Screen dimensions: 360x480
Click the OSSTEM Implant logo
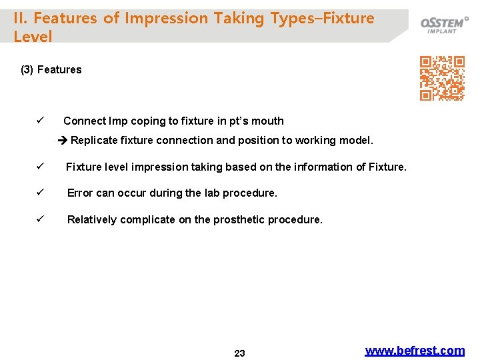[444, 25]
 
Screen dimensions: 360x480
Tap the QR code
[442, 78]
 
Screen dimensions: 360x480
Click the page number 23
[239, 353]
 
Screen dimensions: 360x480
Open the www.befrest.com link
[415, 350]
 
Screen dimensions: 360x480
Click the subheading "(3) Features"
[51, 69]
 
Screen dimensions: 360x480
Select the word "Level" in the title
[33, 37]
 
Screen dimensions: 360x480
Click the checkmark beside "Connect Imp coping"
[40, 121]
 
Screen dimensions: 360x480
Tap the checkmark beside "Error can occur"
[40, 193]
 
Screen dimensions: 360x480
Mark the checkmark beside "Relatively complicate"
[40, 219]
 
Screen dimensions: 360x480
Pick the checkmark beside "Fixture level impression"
[40, 167]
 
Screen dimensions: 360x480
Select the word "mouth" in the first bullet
[268, 121]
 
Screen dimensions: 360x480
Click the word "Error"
[80, 193]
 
